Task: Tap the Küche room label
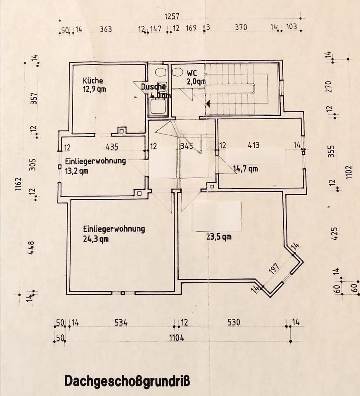(x=93, y=81)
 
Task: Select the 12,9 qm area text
(x=95, y=89)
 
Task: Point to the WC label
(x=192, y=73)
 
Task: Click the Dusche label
(x=153, y=87)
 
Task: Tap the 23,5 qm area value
(x=218, y=236)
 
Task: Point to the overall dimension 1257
(x=172, y=16)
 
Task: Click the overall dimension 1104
(x=176, y=338)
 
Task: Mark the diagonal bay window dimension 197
(x=274, y=269)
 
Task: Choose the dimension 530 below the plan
(x=233, y=323)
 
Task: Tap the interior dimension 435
(x=112, y=146)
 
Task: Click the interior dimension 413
(x=253, y=145)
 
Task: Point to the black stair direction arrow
(x=208, y=103)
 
